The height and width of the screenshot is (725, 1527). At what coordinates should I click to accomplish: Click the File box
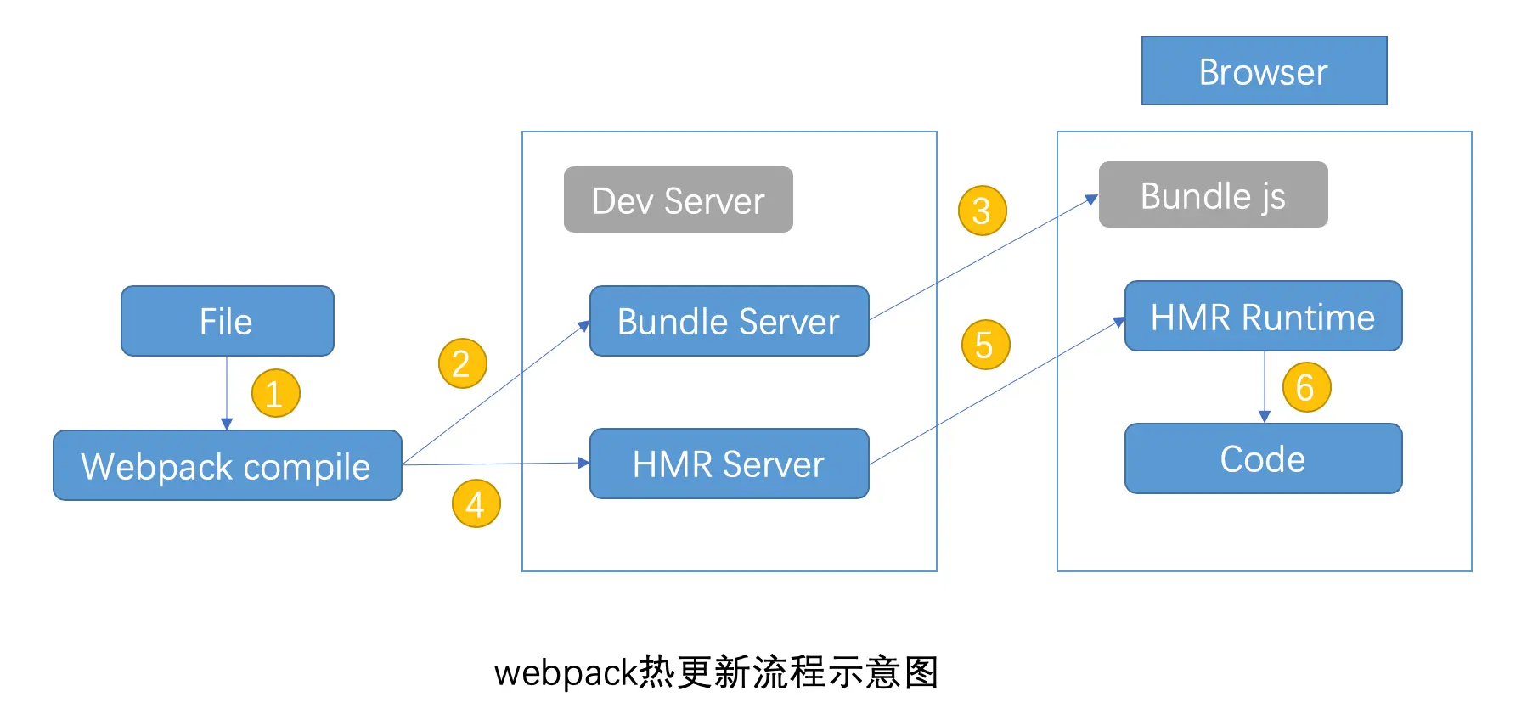227,321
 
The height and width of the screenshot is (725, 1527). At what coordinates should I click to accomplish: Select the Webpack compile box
227,465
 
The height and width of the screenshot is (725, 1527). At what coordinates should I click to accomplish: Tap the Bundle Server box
729,321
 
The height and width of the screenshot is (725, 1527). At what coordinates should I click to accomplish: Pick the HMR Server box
729,464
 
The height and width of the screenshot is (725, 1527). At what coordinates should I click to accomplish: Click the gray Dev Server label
678,200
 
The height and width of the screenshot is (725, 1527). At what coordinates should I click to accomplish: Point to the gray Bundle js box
1213,195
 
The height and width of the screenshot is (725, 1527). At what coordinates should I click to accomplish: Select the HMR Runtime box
1263,317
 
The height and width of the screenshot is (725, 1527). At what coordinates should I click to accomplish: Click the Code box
1263,458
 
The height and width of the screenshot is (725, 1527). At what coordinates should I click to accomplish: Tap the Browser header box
1264,71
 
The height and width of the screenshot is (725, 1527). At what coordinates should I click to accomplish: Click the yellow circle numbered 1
275,393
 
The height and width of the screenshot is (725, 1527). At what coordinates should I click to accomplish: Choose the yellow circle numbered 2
462,363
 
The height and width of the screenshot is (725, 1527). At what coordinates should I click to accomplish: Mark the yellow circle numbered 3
982,211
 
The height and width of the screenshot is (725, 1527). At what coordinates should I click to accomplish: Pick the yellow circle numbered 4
476,503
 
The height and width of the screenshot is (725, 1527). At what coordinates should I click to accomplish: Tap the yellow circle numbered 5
985,345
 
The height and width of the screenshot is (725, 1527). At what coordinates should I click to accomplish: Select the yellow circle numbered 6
1306,387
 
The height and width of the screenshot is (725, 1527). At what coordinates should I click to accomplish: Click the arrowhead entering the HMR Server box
583,463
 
